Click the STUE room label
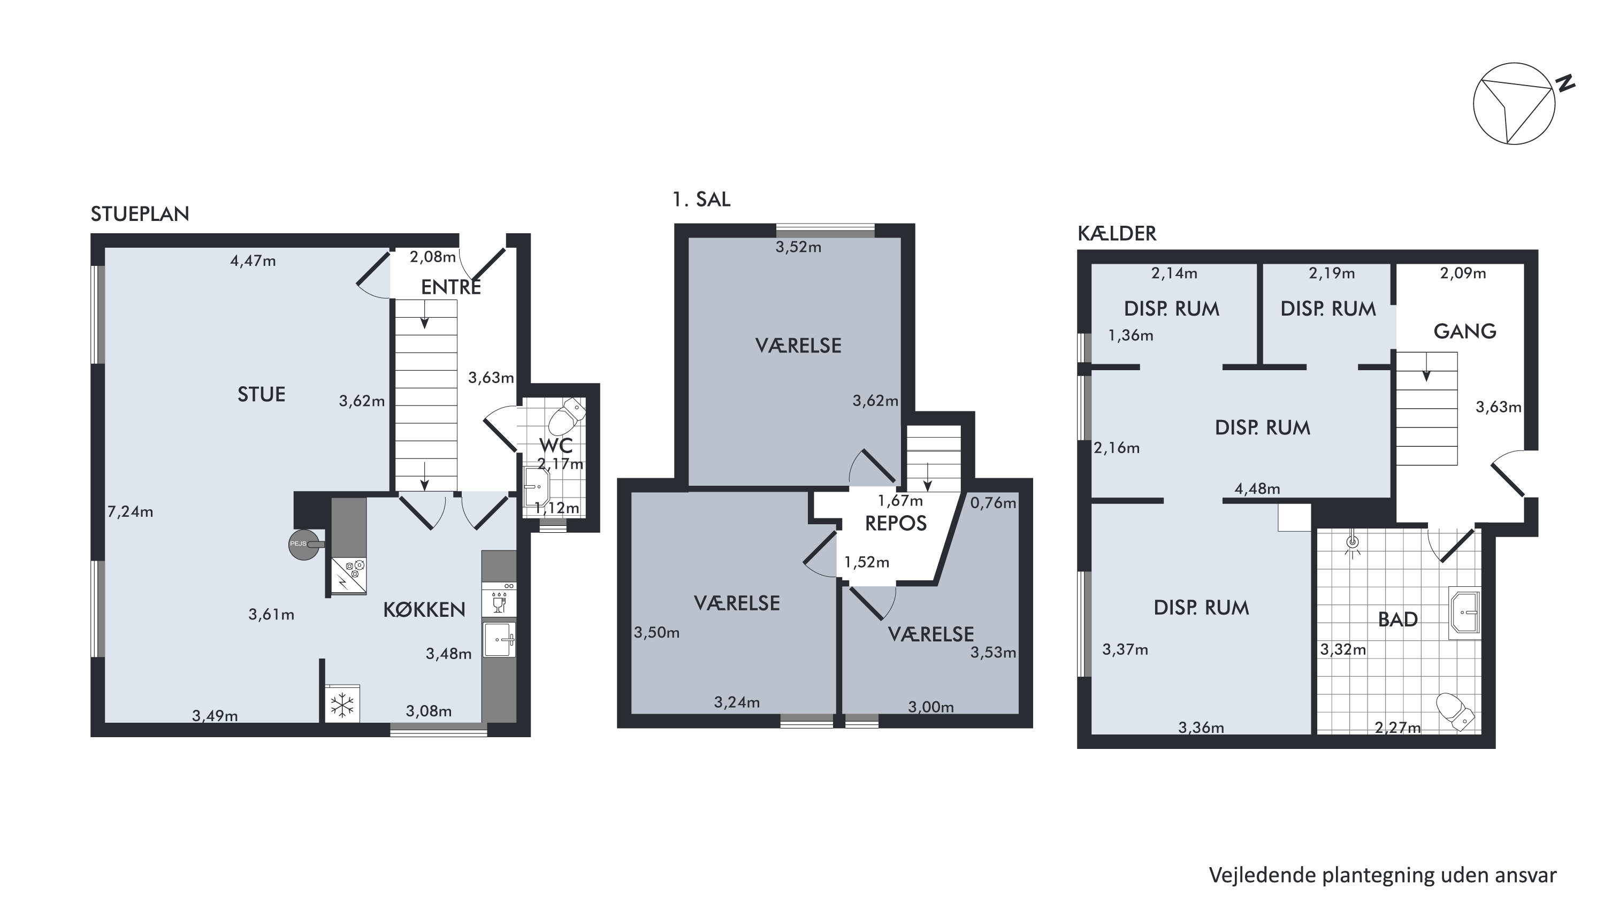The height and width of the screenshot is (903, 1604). pos(262,394)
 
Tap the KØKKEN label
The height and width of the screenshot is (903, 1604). pos(424,610)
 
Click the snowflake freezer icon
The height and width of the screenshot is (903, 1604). pos(342,705)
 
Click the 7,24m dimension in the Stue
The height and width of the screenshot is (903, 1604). pos(130,512)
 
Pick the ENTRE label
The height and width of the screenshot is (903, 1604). pos(451,287)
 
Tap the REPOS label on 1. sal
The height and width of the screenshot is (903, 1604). pos(896,523)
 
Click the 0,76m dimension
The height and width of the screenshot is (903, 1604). pos(993,502)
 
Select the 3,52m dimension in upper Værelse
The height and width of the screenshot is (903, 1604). pos(798,247)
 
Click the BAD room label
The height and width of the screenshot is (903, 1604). pos(1398,619)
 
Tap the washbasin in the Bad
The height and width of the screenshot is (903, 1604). pos(1464,613)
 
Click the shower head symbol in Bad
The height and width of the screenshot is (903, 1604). pos(1352,544)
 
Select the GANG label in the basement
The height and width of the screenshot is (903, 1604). pos(1465,331)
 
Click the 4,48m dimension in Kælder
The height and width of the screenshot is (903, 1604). pos(1257,489)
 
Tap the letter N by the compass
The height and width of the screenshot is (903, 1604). pos(1565,83)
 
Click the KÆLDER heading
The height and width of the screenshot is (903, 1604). pos(1117,234)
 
